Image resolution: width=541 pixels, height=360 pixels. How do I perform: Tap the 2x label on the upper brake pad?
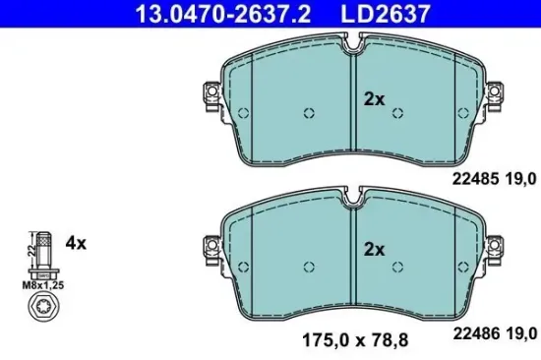pyautogui.click(x=375, y=99)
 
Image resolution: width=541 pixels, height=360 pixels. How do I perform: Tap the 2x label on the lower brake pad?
pyautogui.click(x=375, y=249)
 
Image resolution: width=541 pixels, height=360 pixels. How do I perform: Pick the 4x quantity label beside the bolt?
pyautogui.click(x=76, y=242)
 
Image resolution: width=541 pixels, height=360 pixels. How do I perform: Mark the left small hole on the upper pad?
pyautogui.click(x=309, y=110)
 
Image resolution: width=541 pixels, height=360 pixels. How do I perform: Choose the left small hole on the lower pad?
pyautogui.click(x=309, y=265)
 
